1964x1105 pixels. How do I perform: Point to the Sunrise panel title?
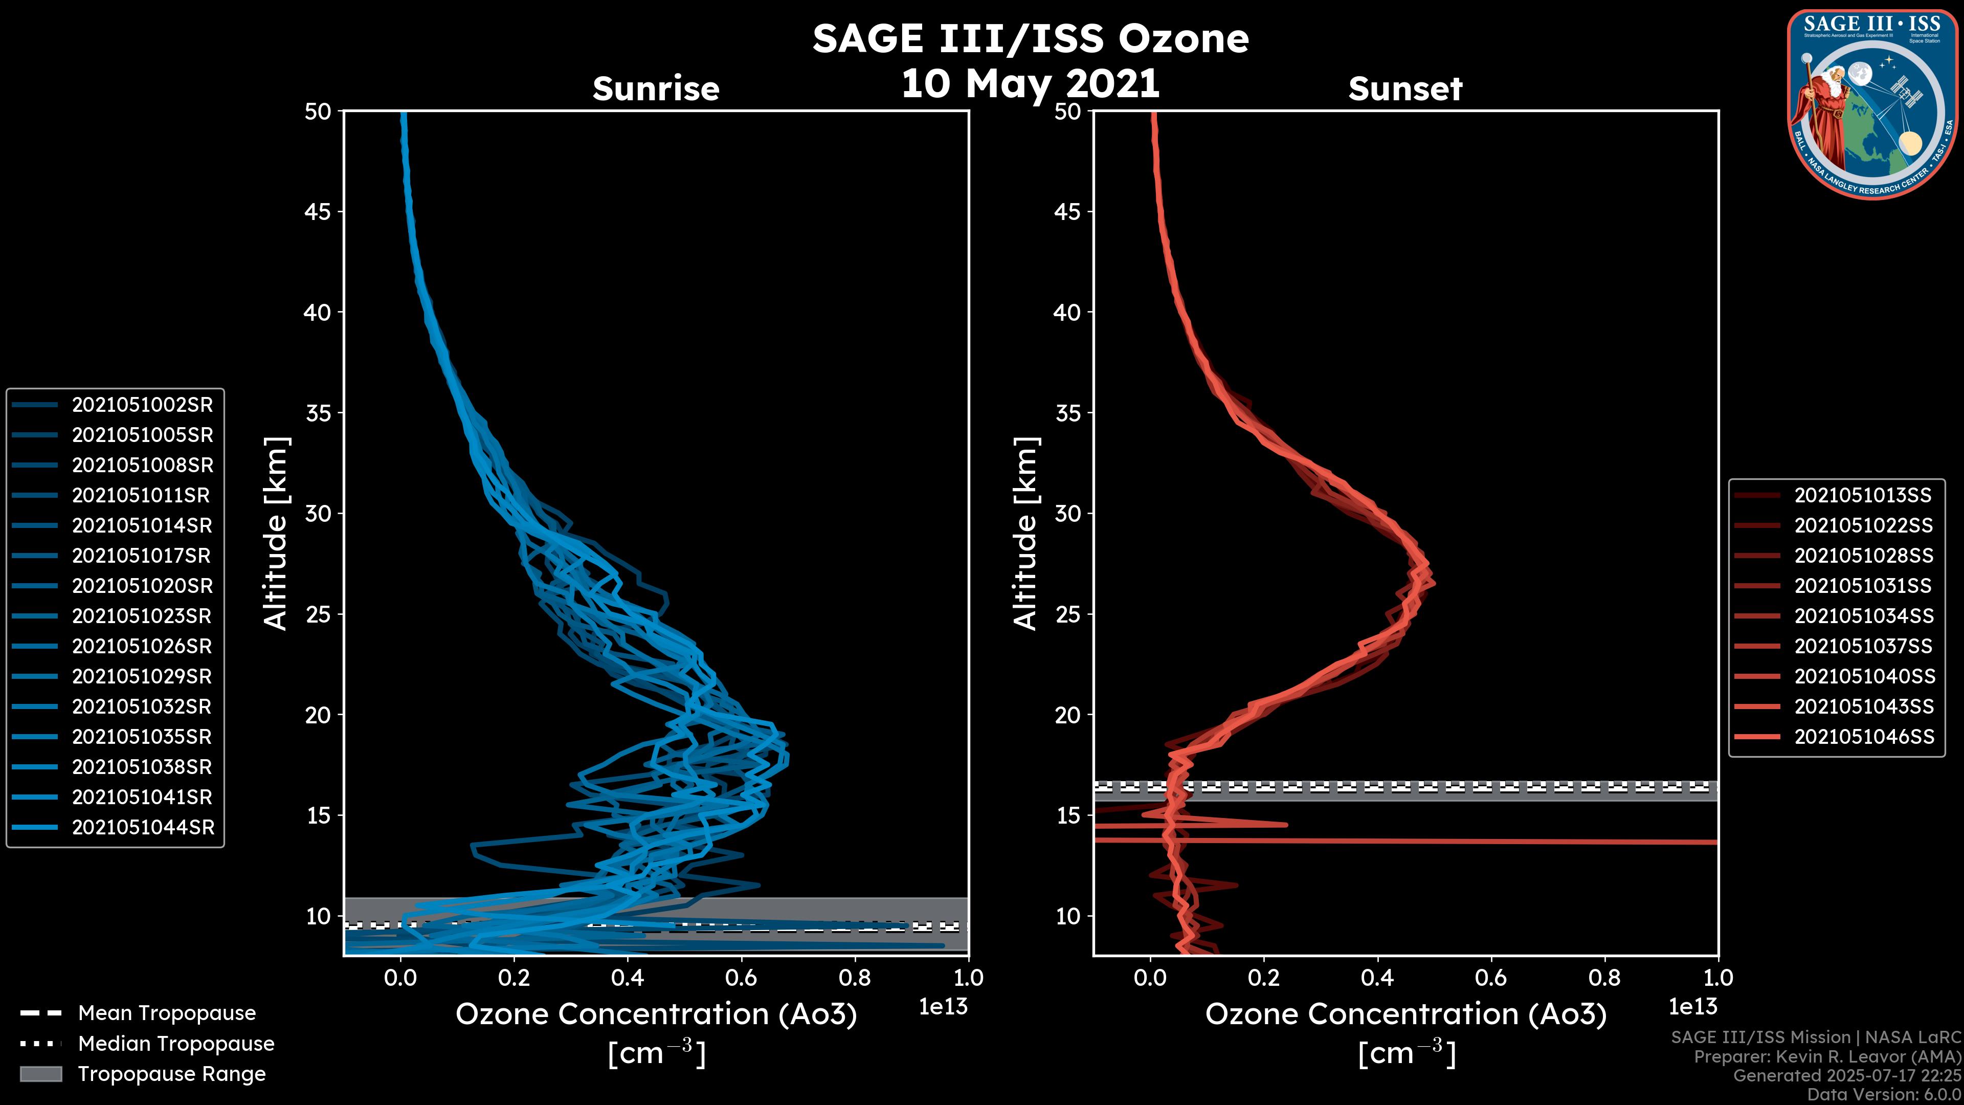pyautogui.click(x=656, y=89)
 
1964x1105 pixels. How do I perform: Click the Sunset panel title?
pyautogui.click(x=1405, y=89)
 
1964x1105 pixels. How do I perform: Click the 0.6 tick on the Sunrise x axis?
pyautogui.click(x=740, y=978)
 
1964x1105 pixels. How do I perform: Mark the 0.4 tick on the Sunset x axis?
pyautogui.click(x=1377, y=978)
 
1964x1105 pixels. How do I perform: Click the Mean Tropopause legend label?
pyautogui.click(x=166, y=1013)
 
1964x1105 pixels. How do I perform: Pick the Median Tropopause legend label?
pyautogui.click(x=175, y=1044)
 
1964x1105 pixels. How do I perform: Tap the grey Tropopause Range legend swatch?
pyautogui.click(x=40, y=1074)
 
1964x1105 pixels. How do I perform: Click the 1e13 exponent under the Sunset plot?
pyautogui.click(x=1692, y=1007)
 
